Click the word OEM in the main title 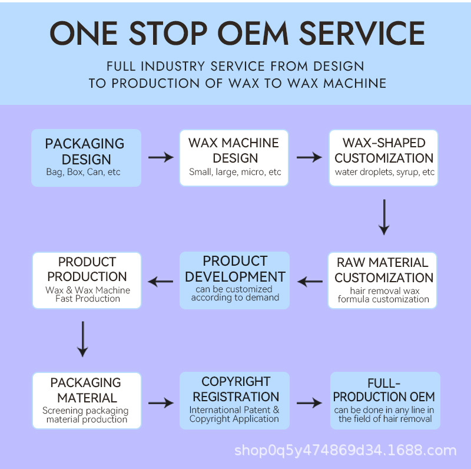pyautogui.click(x=253, y=33)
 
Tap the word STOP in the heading pyautogui.click(x=168, y=33)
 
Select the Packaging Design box pyautogui.click(x=86, y=158)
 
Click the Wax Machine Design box pyautogui.click(x=234, y=158)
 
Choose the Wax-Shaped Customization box pyautogui.click(x=384, y=158)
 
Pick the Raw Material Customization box pyautogui.click(x=382, y=280)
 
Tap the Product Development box pyautogui.click(x=234, y=280)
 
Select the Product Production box pyautogui.click(x=87, y=280)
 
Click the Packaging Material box pyautogui.click(x=87, y=401)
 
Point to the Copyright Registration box pyautogui.click(x=234, y=401)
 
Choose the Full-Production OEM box pyautogui.click(x=385, y=401)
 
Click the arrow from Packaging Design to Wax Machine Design pyautogui.click(x=161, y=157)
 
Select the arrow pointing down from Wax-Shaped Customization pyautogui.click(x=384, y=217)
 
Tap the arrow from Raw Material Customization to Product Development pyautogui.click(x=310, y=282)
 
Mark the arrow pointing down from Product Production pyautogui.click(x=82, y=339)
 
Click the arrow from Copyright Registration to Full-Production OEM pyautogui.click(x=310, y=403)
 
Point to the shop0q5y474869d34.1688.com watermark pyautogui.click(x=346, y=451)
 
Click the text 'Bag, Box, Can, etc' pyautogui.click(x=83, y=172)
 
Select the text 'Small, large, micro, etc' pyautogui.click(x=235, y=172)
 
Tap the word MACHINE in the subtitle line pyautogui.click(x=355, y=83)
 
